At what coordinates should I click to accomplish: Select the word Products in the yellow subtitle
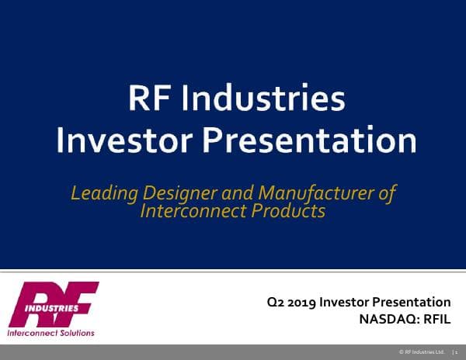click(x=290, y=210)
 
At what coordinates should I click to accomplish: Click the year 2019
click(x=302, y=300)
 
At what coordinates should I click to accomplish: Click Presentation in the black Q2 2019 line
click(x=411, y=300)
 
